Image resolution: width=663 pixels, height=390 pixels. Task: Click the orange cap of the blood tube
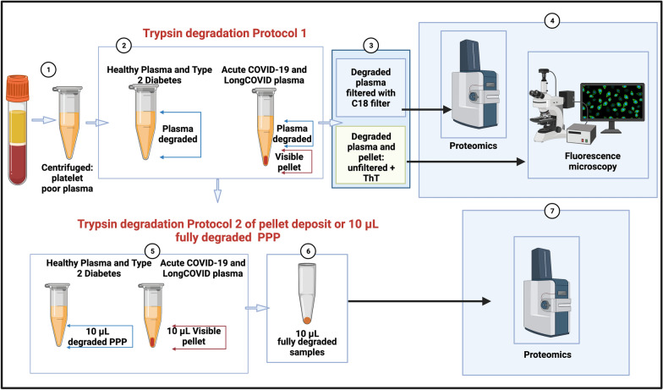click(x=17, y=88)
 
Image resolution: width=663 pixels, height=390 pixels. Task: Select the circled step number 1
click(x=49, y=69)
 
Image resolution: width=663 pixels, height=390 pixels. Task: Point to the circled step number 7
click(x=551, y=211)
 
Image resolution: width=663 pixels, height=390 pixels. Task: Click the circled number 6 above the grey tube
click(x=308, y=250)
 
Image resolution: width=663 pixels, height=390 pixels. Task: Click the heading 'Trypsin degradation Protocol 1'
click(x=224, y=34)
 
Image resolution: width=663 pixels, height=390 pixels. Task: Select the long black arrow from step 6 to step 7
click(x=419, y=301)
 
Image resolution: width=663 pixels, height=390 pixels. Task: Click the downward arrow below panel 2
click(x=217, y=190)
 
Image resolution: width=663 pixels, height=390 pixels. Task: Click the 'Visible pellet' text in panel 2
click(x=289, y=162)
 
